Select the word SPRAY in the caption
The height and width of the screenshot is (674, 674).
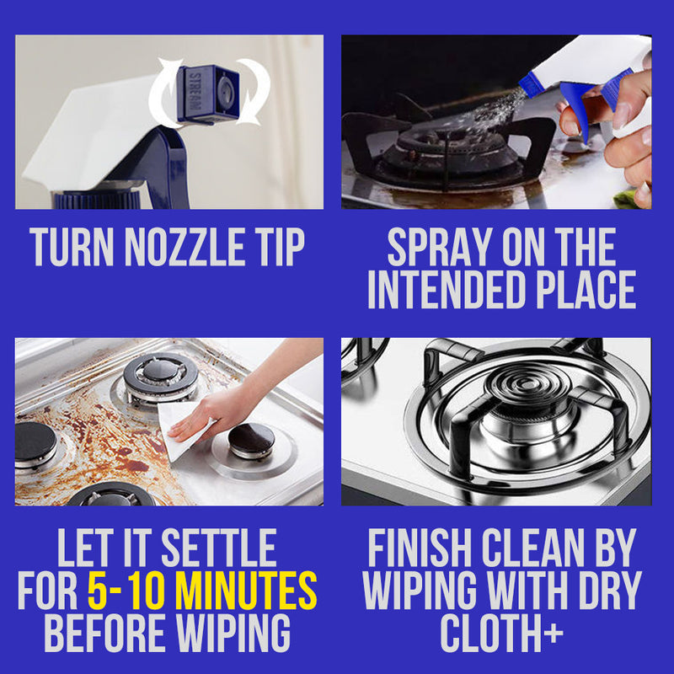pyautogui.click(x=439, y=247)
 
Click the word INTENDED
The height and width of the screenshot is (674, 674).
pyautogui.click(x=447, y=289)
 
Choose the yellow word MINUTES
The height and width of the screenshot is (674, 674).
pyautogui.click(x=246, y=591)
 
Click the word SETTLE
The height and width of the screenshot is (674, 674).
pyautogui.click(x=219, y=548)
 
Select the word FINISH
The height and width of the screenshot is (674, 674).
pyautogui.click(x=420, y=548)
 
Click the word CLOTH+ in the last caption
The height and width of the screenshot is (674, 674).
pyautogui.click(x=501, y=633)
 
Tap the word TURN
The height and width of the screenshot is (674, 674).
pyautogui.click(x=72, y=247)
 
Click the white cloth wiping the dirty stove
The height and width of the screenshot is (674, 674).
pyautogui.click(x=180, y=429)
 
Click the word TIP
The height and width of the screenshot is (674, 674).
pyautogui.click(x=281, y=247)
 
